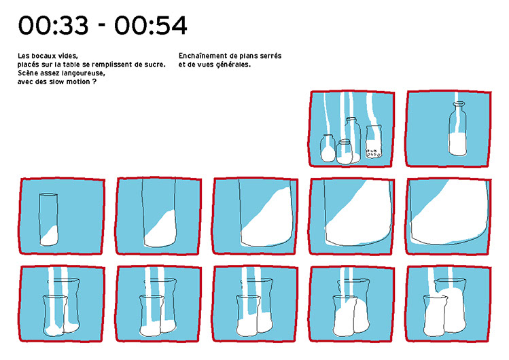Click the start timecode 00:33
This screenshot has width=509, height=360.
53,26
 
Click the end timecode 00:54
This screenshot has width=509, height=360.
151,26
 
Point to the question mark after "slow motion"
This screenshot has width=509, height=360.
94,82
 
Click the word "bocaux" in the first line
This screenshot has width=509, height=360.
43,56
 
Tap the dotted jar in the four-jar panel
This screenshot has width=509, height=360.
373,142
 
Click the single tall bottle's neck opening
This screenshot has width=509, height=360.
458,103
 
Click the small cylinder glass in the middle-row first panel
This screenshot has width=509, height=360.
49,219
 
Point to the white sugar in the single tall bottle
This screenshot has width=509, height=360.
458,144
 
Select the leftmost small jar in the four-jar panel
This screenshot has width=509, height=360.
328,148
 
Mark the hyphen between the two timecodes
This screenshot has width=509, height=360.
102,27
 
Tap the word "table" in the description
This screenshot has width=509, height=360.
71,65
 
